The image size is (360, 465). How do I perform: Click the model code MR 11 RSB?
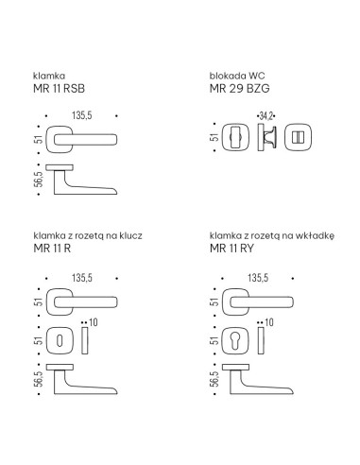tap(59, 89)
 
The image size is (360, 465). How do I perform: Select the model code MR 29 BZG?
tap(239, 89)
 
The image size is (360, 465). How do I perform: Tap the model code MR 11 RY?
tap(231, 249)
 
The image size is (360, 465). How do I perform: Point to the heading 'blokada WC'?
tap(237, 76)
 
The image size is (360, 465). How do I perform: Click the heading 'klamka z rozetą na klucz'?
tap(88, 235)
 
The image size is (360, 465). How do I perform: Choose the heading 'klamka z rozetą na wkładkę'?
tap(272, 235)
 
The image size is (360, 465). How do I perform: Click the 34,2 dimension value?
tap(266, 116)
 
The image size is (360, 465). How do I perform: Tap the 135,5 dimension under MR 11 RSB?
tap(82, 115)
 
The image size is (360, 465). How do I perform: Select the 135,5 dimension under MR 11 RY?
tap(258, 278)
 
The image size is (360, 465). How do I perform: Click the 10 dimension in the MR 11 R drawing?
tap(94, 322)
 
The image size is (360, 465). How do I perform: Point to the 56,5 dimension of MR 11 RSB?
tap(39, 180)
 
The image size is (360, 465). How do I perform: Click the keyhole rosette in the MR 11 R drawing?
tap(60, 341)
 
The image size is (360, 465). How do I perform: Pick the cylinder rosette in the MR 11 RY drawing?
tap(235, 341)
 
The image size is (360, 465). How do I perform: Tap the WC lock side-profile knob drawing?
tap(266, 137)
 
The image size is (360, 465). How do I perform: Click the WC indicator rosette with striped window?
tap(299, 137)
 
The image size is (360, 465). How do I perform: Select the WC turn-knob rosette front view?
tap(235, 137)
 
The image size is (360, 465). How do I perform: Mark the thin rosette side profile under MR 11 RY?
tap(261, 340)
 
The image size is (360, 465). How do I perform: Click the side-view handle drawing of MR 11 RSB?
tap(81, 180)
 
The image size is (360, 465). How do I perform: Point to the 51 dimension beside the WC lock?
tap(214, 137)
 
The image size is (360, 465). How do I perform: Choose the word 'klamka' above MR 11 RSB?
tap(49, 76)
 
